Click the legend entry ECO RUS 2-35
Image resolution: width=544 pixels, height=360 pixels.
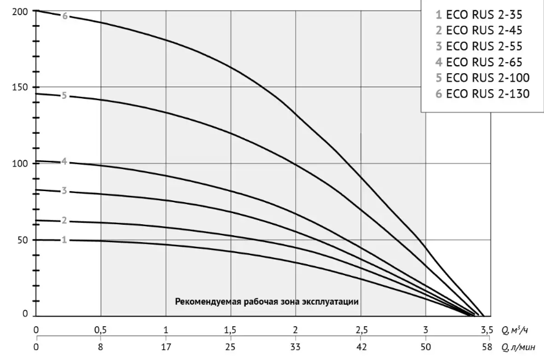(x=479, y=15)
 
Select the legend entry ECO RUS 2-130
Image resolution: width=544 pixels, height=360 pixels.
(x=483, y=94)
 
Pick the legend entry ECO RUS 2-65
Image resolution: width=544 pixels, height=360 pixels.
(x=479, y=62)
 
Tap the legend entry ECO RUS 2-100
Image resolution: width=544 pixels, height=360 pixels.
(x=483, y=78)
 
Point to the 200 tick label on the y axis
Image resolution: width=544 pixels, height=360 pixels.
(x=20, y=12)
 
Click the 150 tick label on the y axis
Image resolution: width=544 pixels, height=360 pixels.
(x=20, y=87)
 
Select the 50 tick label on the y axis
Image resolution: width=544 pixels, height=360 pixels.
(x=23, y=240)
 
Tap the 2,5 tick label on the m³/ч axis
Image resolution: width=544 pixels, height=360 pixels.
(x=361, y=330)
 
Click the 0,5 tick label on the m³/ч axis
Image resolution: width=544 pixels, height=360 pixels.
(x=101, y=330)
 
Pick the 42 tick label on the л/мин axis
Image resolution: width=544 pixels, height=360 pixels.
(x=361, y=347)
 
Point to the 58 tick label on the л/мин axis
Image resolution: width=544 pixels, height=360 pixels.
(x=487, y=347)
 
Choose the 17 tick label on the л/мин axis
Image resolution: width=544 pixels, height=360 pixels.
(x=166, y=347)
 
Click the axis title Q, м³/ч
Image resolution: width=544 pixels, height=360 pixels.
(x=515, y=329)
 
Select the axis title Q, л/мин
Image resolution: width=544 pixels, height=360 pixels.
(x=518, y=347)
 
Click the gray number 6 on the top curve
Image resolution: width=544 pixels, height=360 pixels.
(x=65, y=16)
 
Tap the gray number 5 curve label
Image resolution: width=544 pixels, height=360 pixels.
(x=64, y=95)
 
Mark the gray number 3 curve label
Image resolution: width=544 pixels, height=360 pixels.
(x=64, y=191)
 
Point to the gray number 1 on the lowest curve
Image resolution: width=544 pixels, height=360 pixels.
(x=64, y=240)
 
